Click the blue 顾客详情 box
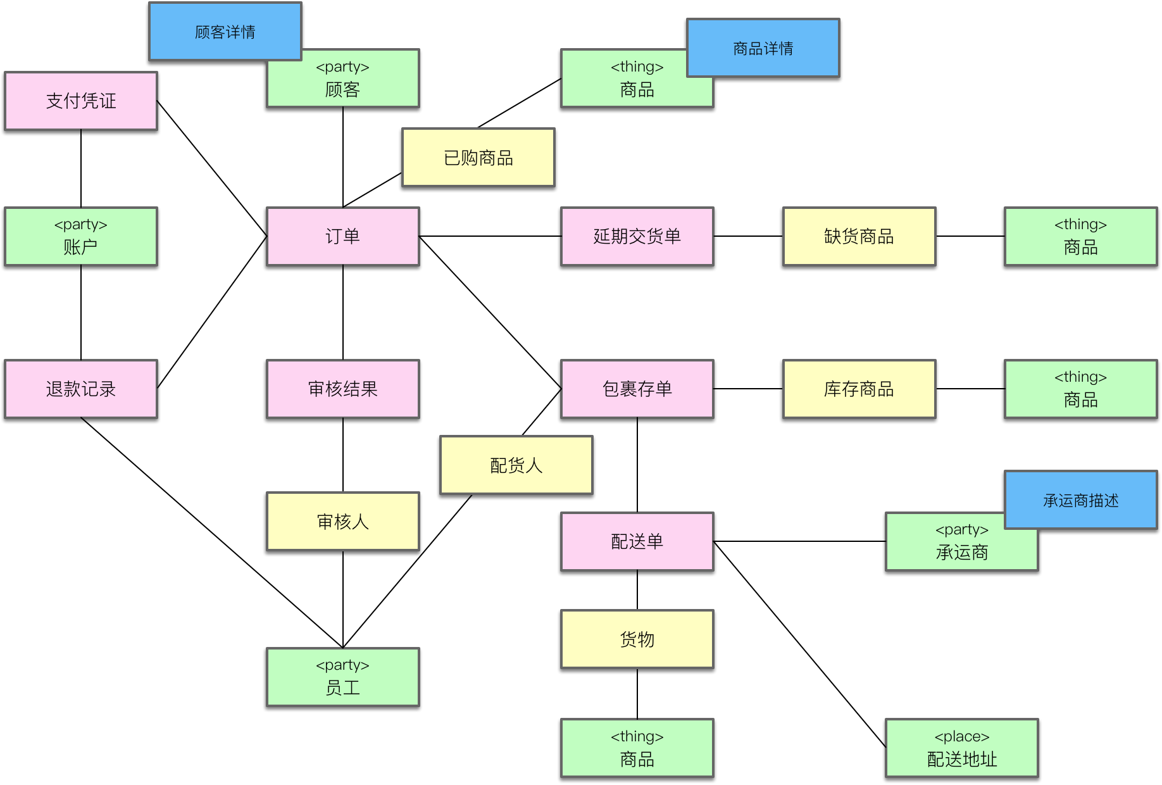click(225, 32)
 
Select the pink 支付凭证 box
click(81, 101)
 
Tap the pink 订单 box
click(342, 236)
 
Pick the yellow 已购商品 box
click(478, 158)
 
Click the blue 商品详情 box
click(763, 48)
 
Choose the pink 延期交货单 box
click(637, 236)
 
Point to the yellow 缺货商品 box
click(859, 236)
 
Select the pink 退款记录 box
click(81, 389)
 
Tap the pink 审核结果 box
click(342, 389)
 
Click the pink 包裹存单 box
click(637, 389)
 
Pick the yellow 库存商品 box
click(859, 389)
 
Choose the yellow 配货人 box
click(516, 465)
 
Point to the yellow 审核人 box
click(342, 521)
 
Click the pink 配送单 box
click(637, 541)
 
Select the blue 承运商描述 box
click(1080, 500)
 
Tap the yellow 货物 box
click(637, 639)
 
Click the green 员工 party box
click(342, 677)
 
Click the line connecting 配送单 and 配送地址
click(800, 644)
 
